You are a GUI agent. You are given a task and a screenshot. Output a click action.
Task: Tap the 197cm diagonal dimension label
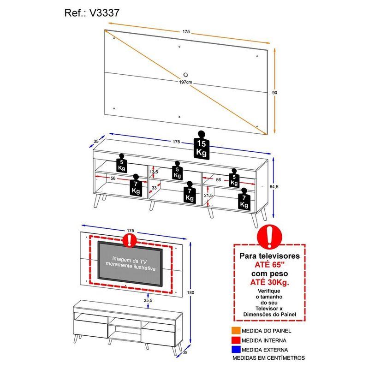[186, 82]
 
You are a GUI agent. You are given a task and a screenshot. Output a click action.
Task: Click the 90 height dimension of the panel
[274, 93]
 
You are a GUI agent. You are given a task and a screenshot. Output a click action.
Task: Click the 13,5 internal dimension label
[154, 172]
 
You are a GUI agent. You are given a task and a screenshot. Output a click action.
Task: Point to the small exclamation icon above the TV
[131, 239]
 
